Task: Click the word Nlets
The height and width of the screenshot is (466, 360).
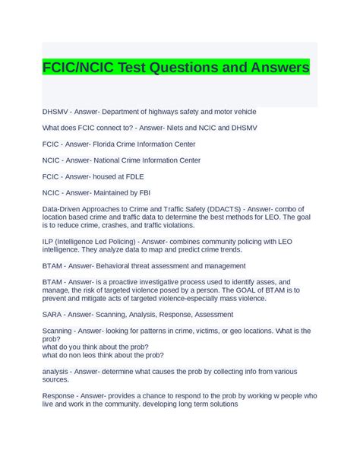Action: tap(166, 128)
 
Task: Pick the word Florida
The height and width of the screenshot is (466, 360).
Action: tap(109, 144)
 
